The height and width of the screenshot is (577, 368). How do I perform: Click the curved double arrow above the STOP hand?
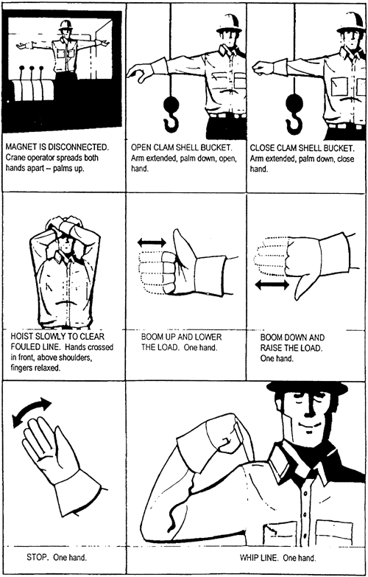point(32,411)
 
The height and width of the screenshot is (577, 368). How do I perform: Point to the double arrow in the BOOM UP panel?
point(152,242)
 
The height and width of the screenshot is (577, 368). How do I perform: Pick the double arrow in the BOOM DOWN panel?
point(272,284)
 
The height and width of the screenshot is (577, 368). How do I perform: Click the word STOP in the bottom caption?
point(38,557)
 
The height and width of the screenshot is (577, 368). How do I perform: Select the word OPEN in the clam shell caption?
point(141,148)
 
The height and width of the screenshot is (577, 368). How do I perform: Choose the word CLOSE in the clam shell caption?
point(262,148)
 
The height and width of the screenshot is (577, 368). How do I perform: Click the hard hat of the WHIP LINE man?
point(307,388)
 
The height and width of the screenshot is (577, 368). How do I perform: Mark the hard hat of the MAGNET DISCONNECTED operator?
point(66,24)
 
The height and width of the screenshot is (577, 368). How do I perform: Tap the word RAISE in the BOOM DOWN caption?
point(272,348)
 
